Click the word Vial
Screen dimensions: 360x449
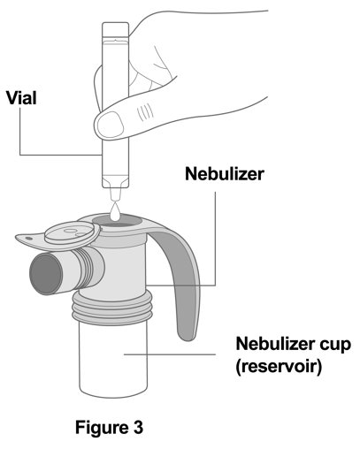click(21, 98)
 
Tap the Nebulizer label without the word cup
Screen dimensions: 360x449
click(225, 174)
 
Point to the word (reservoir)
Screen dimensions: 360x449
click(279, 367)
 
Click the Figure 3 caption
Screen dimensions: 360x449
click(109, 427)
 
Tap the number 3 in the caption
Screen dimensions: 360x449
click(138, 427)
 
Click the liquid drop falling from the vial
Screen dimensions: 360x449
click(116, 212)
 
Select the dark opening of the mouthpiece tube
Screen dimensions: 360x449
click(46, 274)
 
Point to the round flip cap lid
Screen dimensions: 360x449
click(72, 233)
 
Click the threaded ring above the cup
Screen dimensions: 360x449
click(112, 308)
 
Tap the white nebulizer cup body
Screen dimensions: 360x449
click(113, 360)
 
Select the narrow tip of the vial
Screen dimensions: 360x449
click(115, 194)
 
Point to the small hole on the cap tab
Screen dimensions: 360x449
click(28, 238)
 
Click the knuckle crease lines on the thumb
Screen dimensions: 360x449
click(145, 112)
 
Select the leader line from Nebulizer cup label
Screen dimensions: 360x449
click(170, 354)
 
